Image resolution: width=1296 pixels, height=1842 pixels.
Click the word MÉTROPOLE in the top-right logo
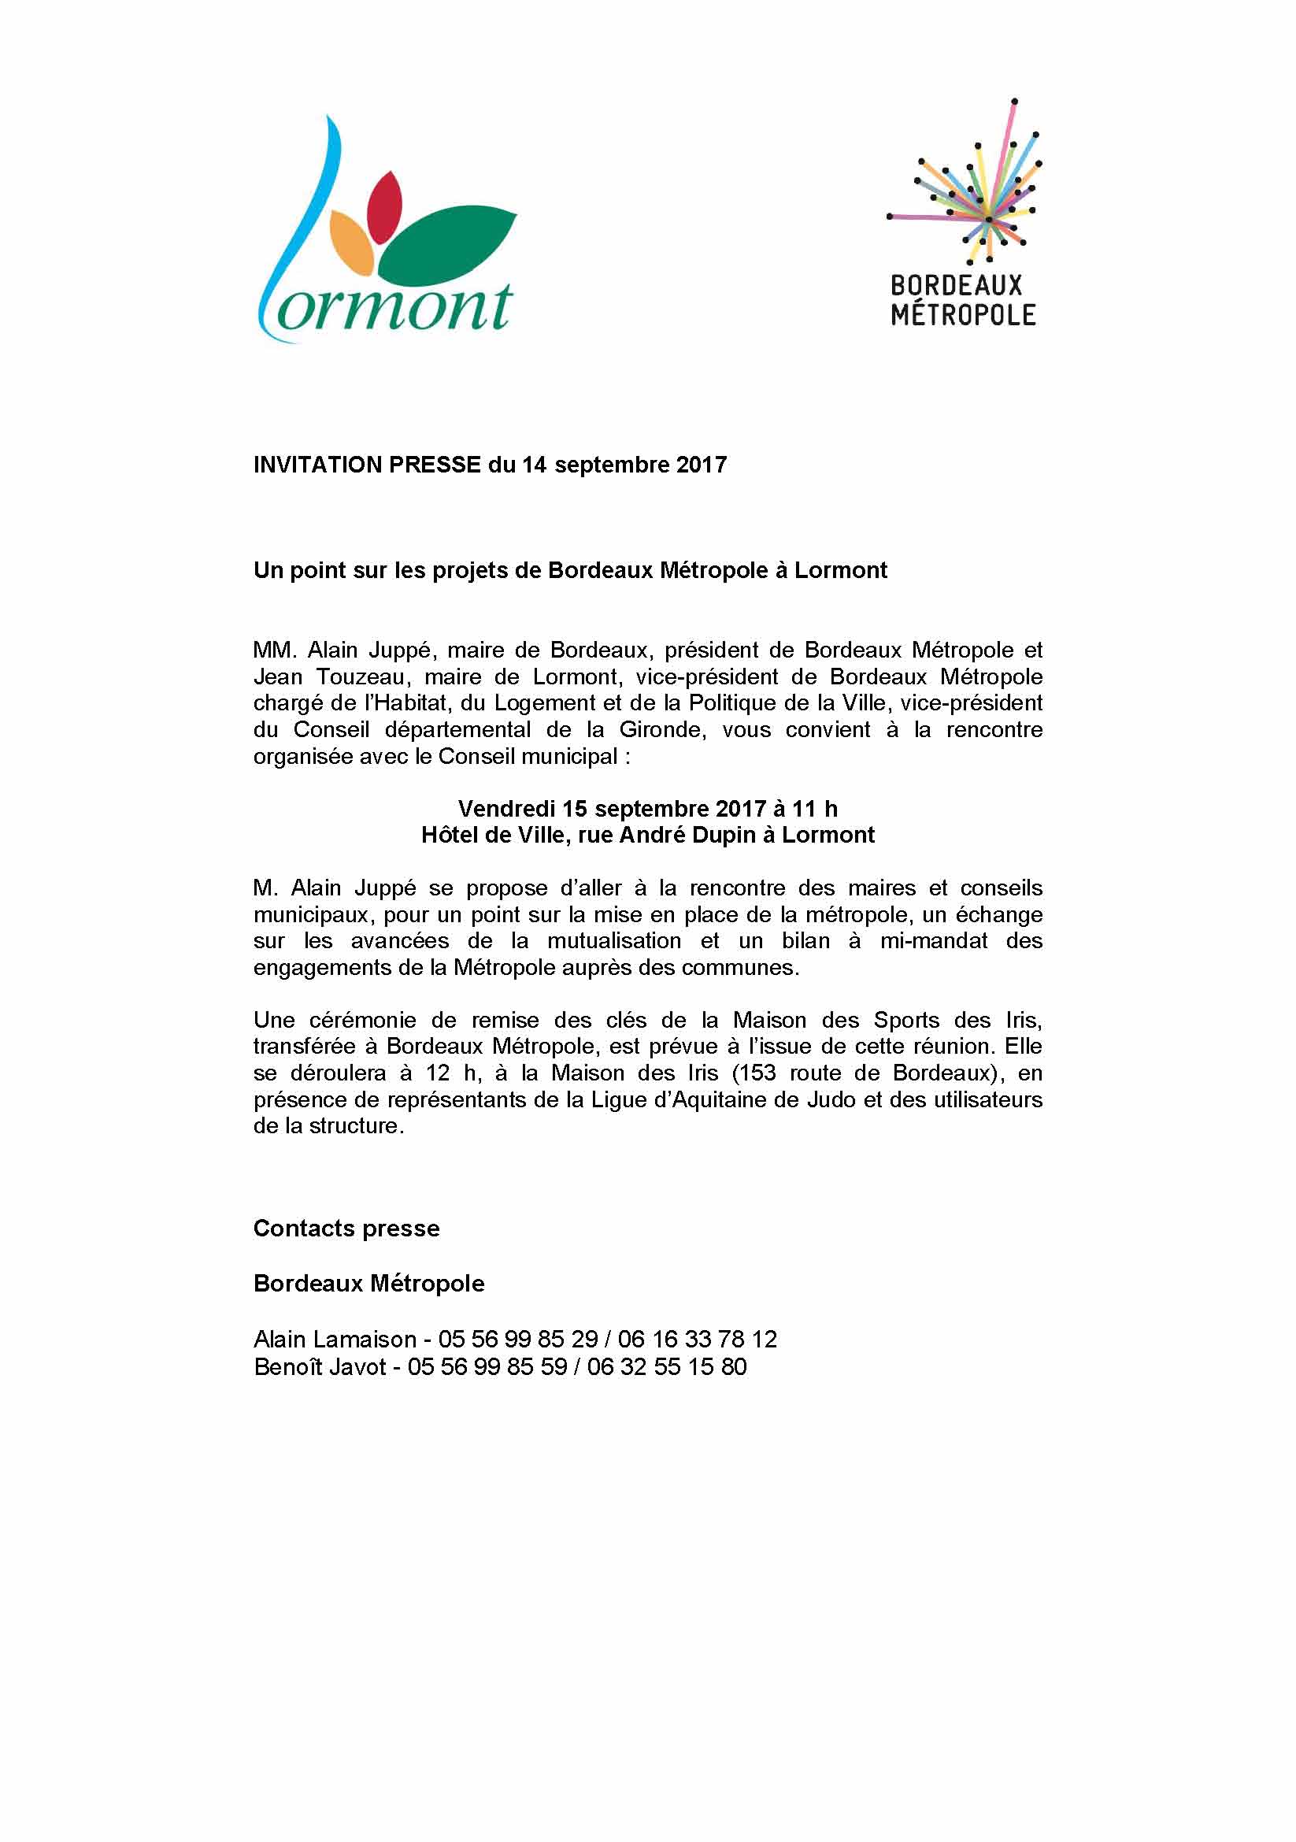962,313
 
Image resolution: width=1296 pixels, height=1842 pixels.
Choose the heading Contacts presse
346,1229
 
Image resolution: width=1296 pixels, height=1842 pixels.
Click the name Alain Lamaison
335,1339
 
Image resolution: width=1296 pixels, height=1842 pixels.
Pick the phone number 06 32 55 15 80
666,1366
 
